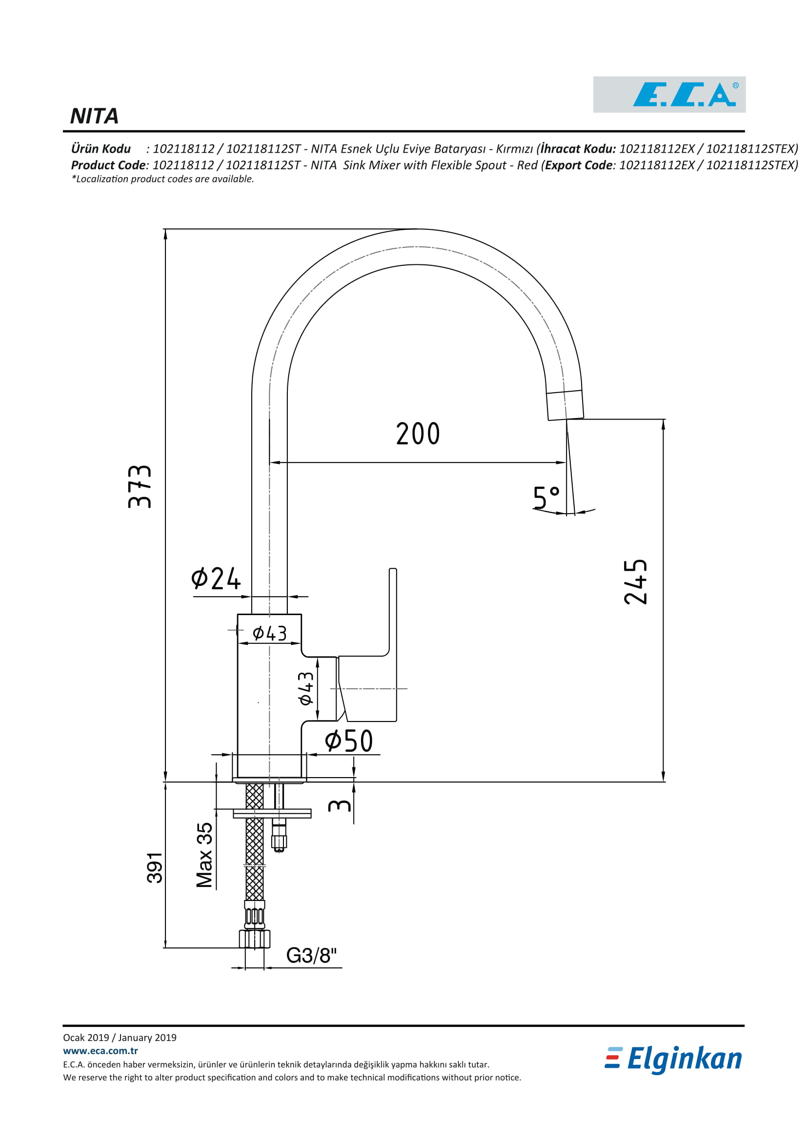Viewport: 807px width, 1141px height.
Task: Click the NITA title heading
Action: coord(95,116)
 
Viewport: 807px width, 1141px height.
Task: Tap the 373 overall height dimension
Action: coord(140,486)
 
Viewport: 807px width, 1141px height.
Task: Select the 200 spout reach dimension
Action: coord(418,433)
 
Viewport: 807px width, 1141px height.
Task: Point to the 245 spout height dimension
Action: coord(636,582)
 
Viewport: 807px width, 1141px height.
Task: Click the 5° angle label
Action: coord(546,498)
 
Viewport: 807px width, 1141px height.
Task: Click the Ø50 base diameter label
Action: coord(349,741)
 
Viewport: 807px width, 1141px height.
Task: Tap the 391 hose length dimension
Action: coord(155,868)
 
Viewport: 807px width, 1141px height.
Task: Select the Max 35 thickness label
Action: coord(205,855)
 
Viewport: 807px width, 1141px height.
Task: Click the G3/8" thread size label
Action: coord(312,956)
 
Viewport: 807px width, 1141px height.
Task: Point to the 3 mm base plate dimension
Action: coord(340,805)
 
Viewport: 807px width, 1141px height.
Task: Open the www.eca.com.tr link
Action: coord(101,1051)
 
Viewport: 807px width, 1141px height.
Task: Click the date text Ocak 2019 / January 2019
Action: coord(120,1038)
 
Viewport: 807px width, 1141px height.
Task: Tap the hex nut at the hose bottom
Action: coord(254,939)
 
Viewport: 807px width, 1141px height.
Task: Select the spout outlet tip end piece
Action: coord(565,405)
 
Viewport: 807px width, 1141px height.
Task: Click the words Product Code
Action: coord(108,165)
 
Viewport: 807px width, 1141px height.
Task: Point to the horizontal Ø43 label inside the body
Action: coord(270,633)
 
